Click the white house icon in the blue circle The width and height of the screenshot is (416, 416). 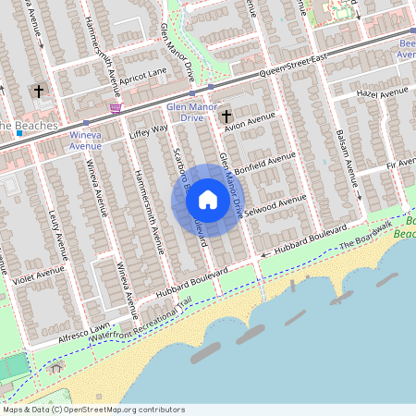click(x=208, y=200)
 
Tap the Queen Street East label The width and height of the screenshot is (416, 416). click(x=293, y=65)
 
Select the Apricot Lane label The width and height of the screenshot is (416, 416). click(x=142, y=71)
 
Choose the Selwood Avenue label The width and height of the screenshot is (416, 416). click(x=276, y=204)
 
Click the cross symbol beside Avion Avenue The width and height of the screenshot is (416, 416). click(x=226, y=116)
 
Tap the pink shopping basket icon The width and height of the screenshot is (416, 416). click(x=116, y=108)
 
